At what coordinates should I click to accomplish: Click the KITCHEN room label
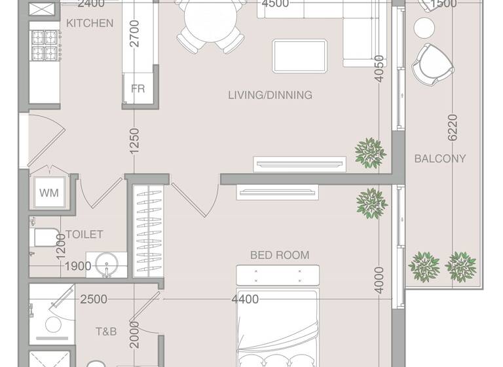tap(90, 23)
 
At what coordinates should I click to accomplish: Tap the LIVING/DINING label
tap(270, 95)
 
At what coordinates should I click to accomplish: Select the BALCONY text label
tap(440, 159)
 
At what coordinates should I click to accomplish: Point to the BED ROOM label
tap(280, 255)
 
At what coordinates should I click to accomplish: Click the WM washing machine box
tap(48, 193)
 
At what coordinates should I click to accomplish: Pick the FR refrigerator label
tap(138, 88)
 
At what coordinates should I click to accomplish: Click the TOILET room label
tap(84, 235)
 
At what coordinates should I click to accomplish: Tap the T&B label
tap(105, 332)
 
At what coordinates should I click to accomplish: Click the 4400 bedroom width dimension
tap(244, 299)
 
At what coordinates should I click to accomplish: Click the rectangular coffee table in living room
tap(300, 54)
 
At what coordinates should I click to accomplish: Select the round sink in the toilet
tap(106, 265)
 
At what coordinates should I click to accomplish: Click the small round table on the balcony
tap(424, 28)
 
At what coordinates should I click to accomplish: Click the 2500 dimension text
tap(94, 299)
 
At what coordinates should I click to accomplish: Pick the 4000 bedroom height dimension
tap(379, 280)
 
